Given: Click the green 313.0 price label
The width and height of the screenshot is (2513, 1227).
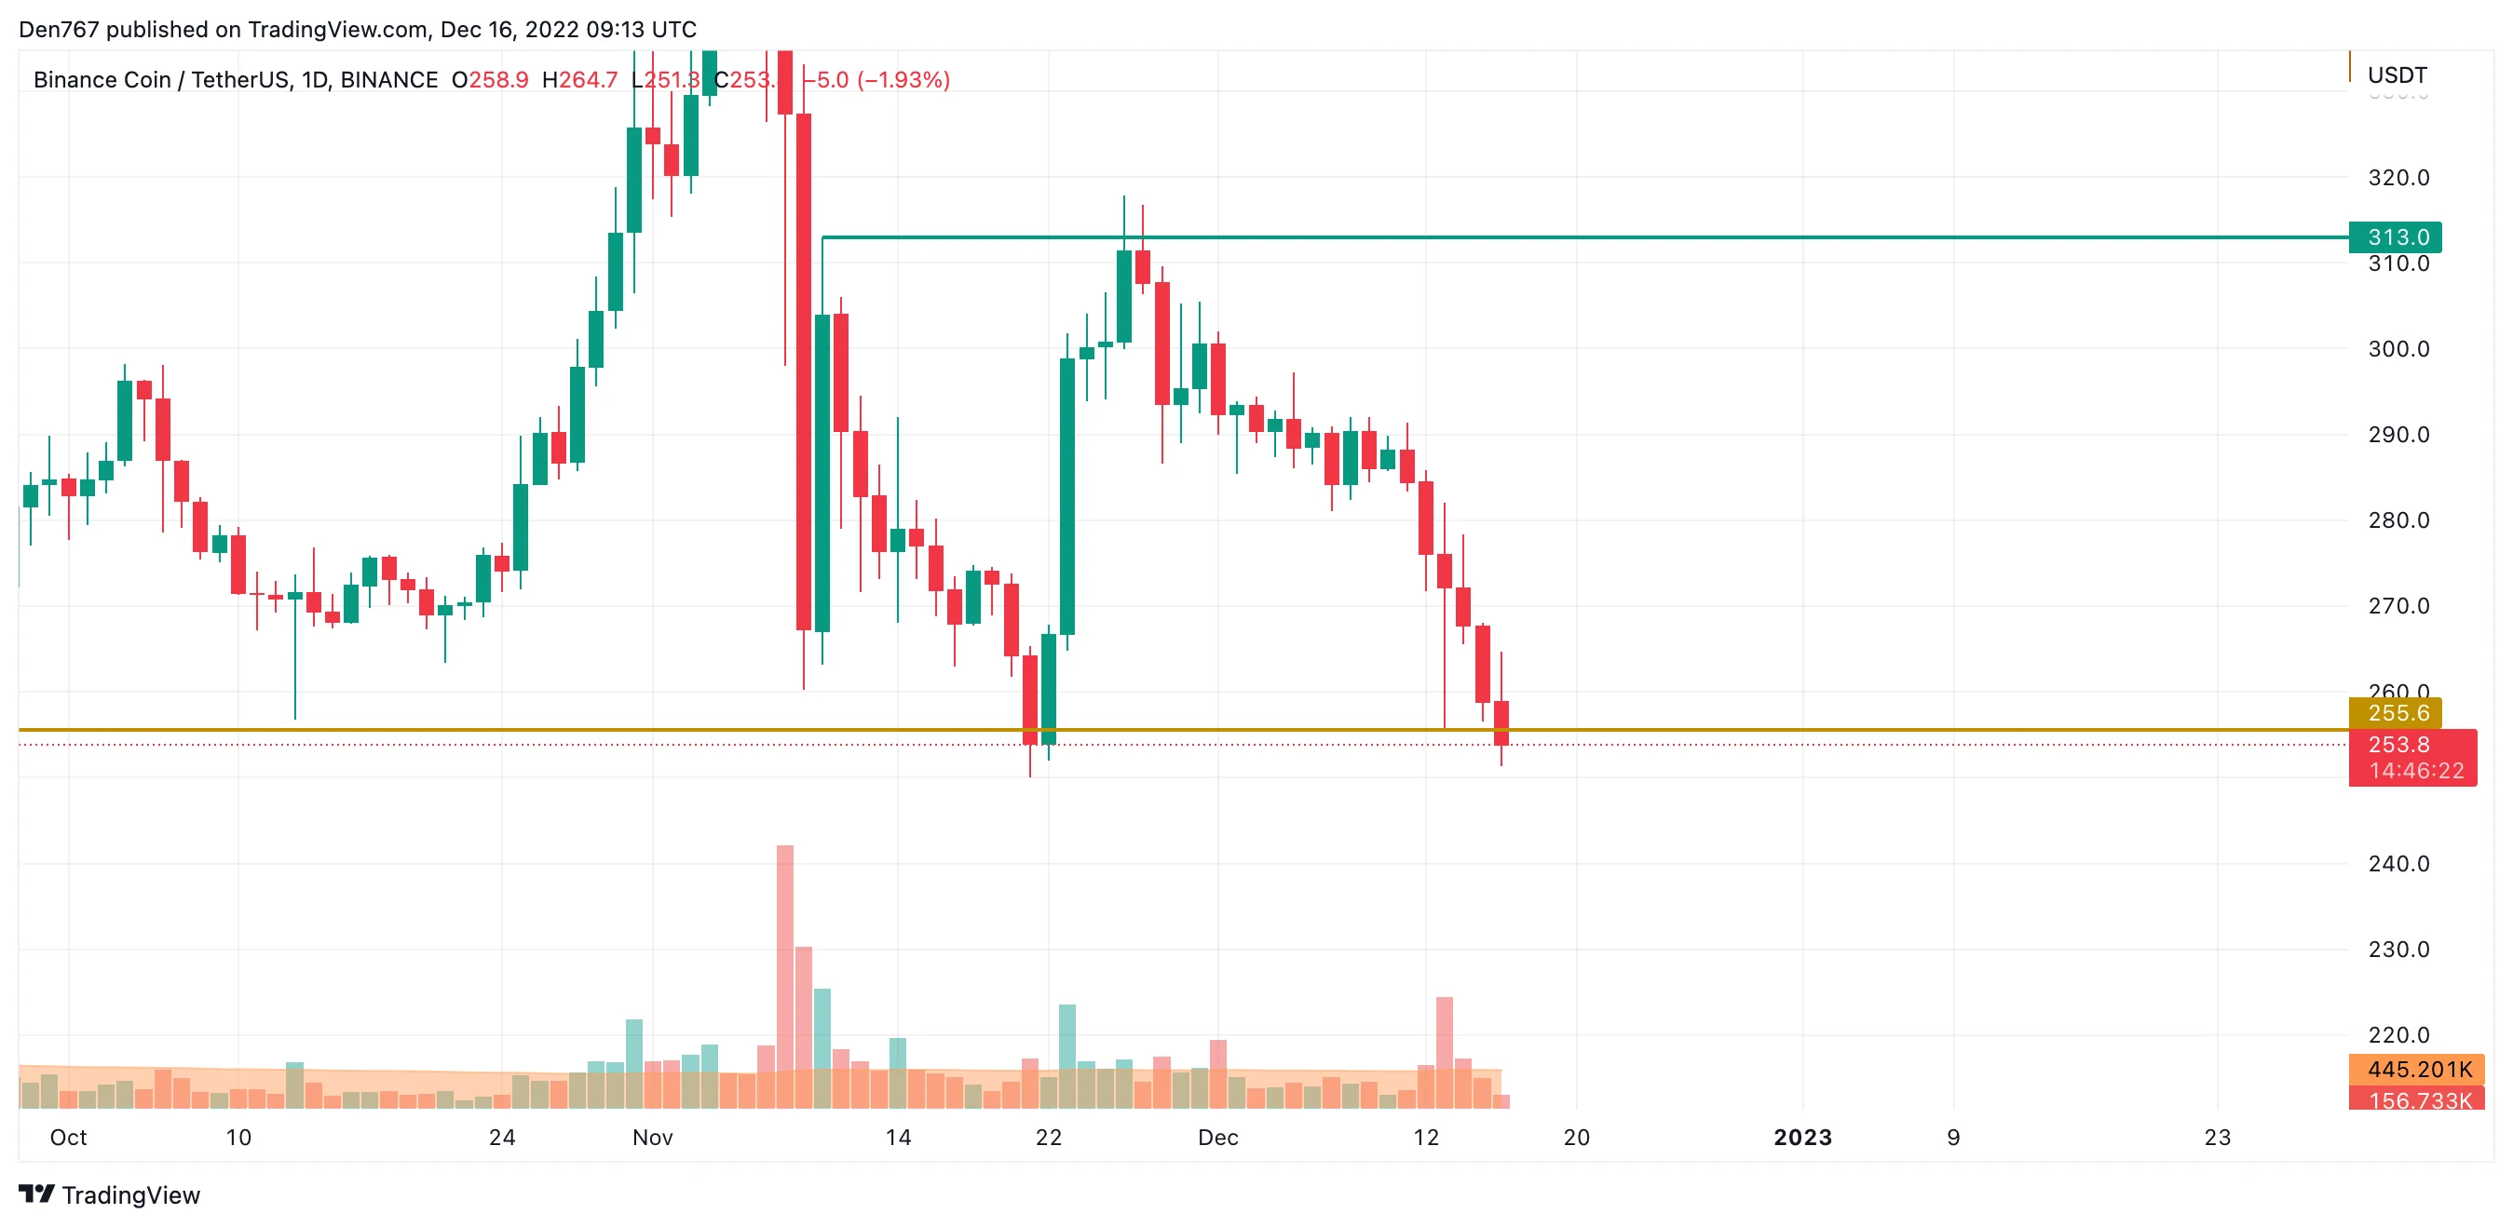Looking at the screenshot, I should click(2396, 237).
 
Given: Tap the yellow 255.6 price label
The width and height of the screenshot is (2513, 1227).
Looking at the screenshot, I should click(2396, 713).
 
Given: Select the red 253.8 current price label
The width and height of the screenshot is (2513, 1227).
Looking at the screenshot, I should click(2400, 745).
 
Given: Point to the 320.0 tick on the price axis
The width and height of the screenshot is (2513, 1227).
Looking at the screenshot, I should click(2398, 178).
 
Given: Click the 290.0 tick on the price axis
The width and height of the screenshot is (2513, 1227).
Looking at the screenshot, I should click(2398, 435).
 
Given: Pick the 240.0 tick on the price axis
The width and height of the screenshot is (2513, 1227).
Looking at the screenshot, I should click(2398, 864).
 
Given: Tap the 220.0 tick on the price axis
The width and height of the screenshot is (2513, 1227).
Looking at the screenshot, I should click(2398, 1036).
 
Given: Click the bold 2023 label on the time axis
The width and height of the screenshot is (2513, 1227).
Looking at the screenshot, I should click(1801, 1138).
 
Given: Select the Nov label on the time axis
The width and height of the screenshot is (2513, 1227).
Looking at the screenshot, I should click(653, 1138).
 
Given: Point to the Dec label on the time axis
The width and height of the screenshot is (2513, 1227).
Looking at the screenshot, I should click(1217, 1138).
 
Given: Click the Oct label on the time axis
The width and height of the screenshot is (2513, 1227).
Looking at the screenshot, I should click(68, 1138).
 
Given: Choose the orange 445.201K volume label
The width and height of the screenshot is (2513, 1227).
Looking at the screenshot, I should click(2418, 1070).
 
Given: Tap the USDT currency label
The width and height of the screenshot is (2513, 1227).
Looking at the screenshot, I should click(2397, 75).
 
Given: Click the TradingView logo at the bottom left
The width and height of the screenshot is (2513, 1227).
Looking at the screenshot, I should click(109, 1194).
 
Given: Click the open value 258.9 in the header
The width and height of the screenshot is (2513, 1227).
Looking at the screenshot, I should click(498, 80).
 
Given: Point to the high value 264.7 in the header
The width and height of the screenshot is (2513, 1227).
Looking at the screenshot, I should click(589, 80).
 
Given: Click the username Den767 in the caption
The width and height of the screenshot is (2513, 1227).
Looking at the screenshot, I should click(59, 29).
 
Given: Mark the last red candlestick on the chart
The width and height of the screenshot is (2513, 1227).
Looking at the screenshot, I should click(1501, 722).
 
